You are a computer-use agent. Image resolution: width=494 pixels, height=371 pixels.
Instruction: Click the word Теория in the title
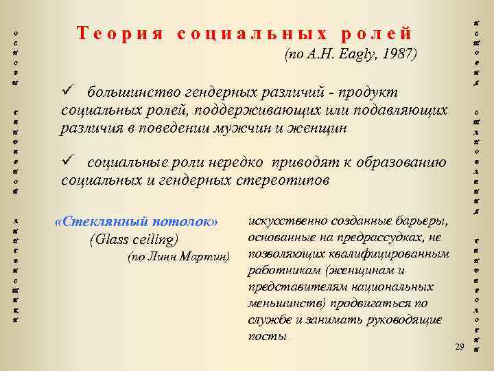click(117, 33)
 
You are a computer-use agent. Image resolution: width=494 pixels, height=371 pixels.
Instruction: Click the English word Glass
click(110, 239)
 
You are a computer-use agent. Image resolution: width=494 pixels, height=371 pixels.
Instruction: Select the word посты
click(264, 336)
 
